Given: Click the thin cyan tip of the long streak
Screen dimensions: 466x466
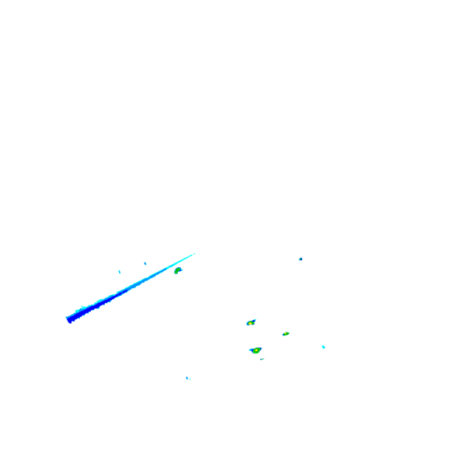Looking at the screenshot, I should click(x=194, y=253).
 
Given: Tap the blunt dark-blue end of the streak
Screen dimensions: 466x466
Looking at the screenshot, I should click(x=69, y=318).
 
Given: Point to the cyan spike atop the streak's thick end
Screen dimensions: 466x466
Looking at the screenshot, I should click(x=82, y=308).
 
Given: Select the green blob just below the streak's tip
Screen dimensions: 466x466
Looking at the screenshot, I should click(x=178, y=270).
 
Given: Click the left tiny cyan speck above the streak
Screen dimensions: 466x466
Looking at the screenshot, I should click(x=119, y=271).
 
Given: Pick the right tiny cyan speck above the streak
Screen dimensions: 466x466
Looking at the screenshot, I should click(x=144, y=263).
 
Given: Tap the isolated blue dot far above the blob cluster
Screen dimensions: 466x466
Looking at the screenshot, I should click(x=301, y=259).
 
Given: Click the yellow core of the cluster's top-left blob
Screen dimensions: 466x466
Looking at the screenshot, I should click(x=250, y=322).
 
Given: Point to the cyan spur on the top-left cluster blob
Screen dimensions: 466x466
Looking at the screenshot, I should click(x=255, y=319).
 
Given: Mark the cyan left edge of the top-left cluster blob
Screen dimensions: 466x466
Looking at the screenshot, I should click(x=247, y=323).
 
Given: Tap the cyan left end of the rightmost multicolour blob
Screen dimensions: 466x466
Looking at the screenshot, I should click(x=283, y=335).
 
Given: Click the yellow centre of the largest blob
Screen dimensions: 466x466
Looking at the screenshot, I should click(x=256, y=351).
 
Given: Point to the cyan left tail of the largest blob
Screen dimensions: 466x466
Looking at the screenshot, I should click(x=250, y=349).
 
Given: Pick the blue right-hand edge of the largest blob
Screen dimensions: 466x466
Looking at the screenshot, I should click(x=261, y=349).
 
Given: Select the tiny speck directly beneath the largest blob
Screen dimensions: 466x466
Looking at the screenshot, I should click(x=262, y=359).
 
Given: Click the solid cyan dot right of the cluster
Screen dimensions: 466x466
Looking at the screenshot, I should click(x=323, y=346).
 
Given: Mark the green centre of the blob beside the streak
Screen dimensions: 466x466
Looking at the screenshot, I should click(x=177, y=271).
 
